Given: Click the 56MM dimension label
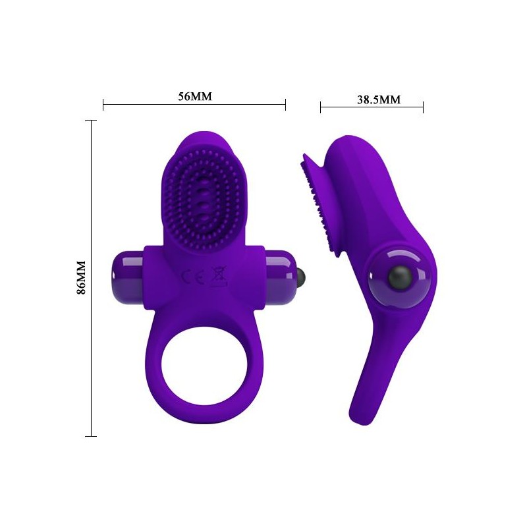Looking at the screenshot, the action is pyautogui.click(x=195, y=96).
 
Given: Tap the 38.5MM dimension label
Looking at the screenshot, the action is pyautogui.click(x=379, y=99).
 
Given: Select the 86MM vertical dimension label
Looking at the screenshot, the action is pyautogui.click(x=81, y=277).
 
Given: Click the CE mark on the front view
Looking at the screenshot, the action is pyautogui.click(x=193, y=277).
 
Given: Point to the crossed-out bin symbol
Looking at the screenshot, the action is pyautogui.click(x=218, y=276).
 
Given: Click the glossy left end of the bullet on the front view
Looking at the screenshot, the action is pyautogui.click(x=127, y=276).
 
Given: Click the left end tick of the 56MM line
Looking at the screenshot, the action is pyautogui.click(x=103, y=105).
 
